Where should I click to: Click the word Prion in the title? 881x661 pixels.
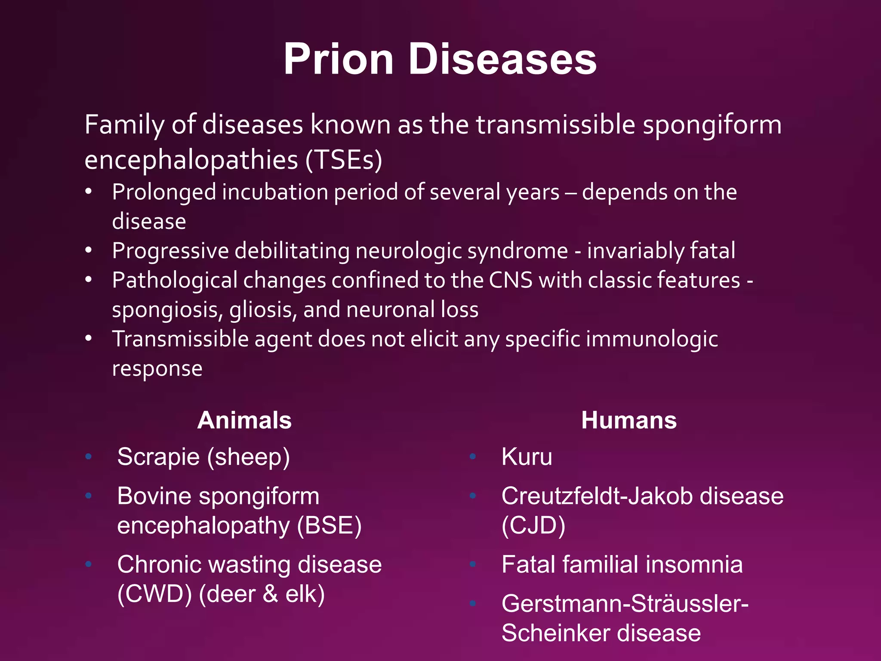point(338,59)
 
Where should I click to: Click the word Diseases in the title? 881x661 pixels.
point(502,59)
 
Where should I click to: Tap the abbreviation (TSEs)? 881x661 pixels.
point(344,160)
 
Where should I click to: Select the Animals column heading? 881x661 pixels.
point(244,420)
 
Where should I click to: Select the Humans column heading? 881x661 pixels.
point(628,420)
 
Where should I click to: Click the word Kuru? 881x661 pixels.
point(527,457)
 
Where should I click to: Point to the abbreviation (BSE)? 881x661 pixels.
point(330,525)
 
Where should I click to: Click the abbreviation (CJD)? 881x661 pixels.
point(533,525)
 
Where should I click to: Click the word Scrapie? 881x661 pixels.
point(158,457)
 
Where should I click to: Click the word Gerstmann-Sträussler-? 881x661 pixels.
point(625,603)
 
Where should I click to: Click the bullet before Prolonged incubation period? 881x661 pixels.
point(89,192)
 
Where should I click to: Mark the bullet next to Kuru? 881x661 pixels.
point(472,457)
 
